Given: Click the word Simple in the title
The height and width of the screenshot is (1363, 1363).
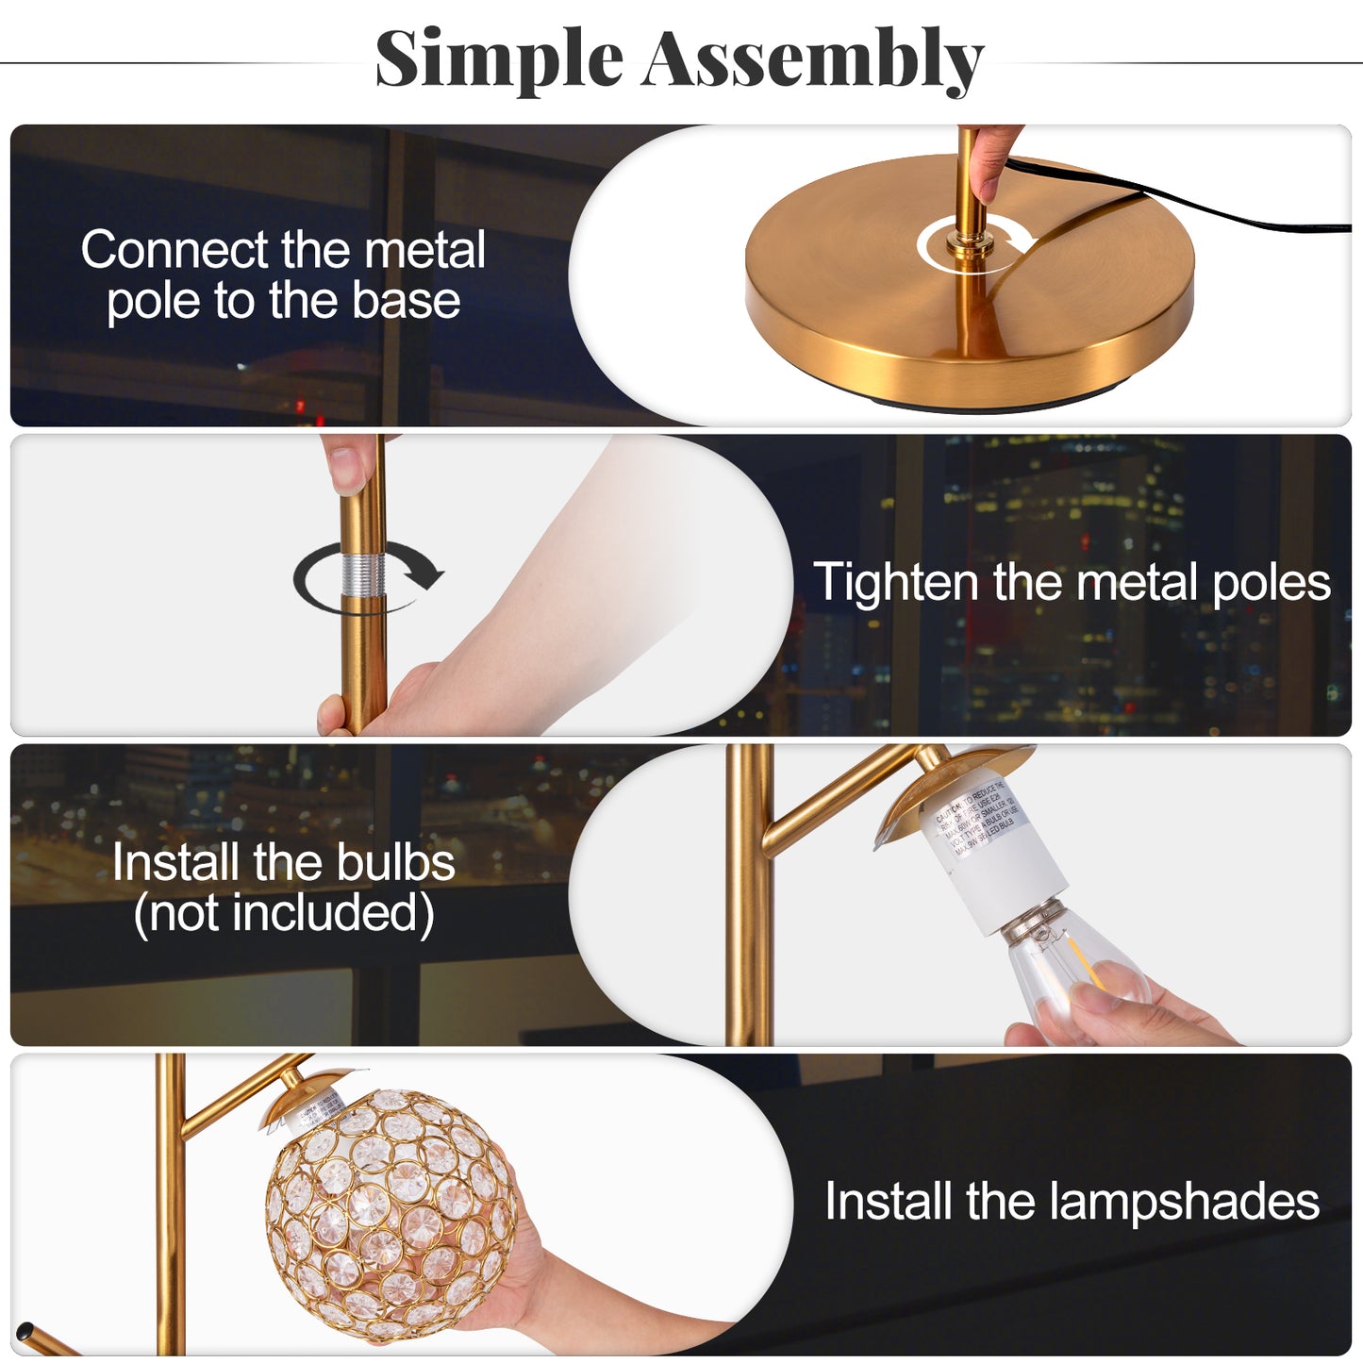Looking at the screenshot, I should coord(499,58).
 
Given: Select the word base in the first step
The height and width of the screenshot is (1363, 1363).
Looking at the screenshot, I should coord(407,301).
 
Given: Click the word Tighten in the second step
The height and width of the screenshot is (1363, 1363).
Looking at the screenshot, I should coord(896,582).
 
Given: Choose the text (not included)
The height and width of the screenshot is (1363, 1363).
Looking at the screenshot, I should coord(284,913).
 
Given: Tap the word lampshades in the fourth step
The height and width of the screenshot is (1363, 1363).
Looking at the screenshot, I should coord(1184,1202).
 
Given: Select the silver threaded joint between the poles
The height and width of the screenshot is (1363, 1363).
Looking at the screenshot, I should coord(363,574).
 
